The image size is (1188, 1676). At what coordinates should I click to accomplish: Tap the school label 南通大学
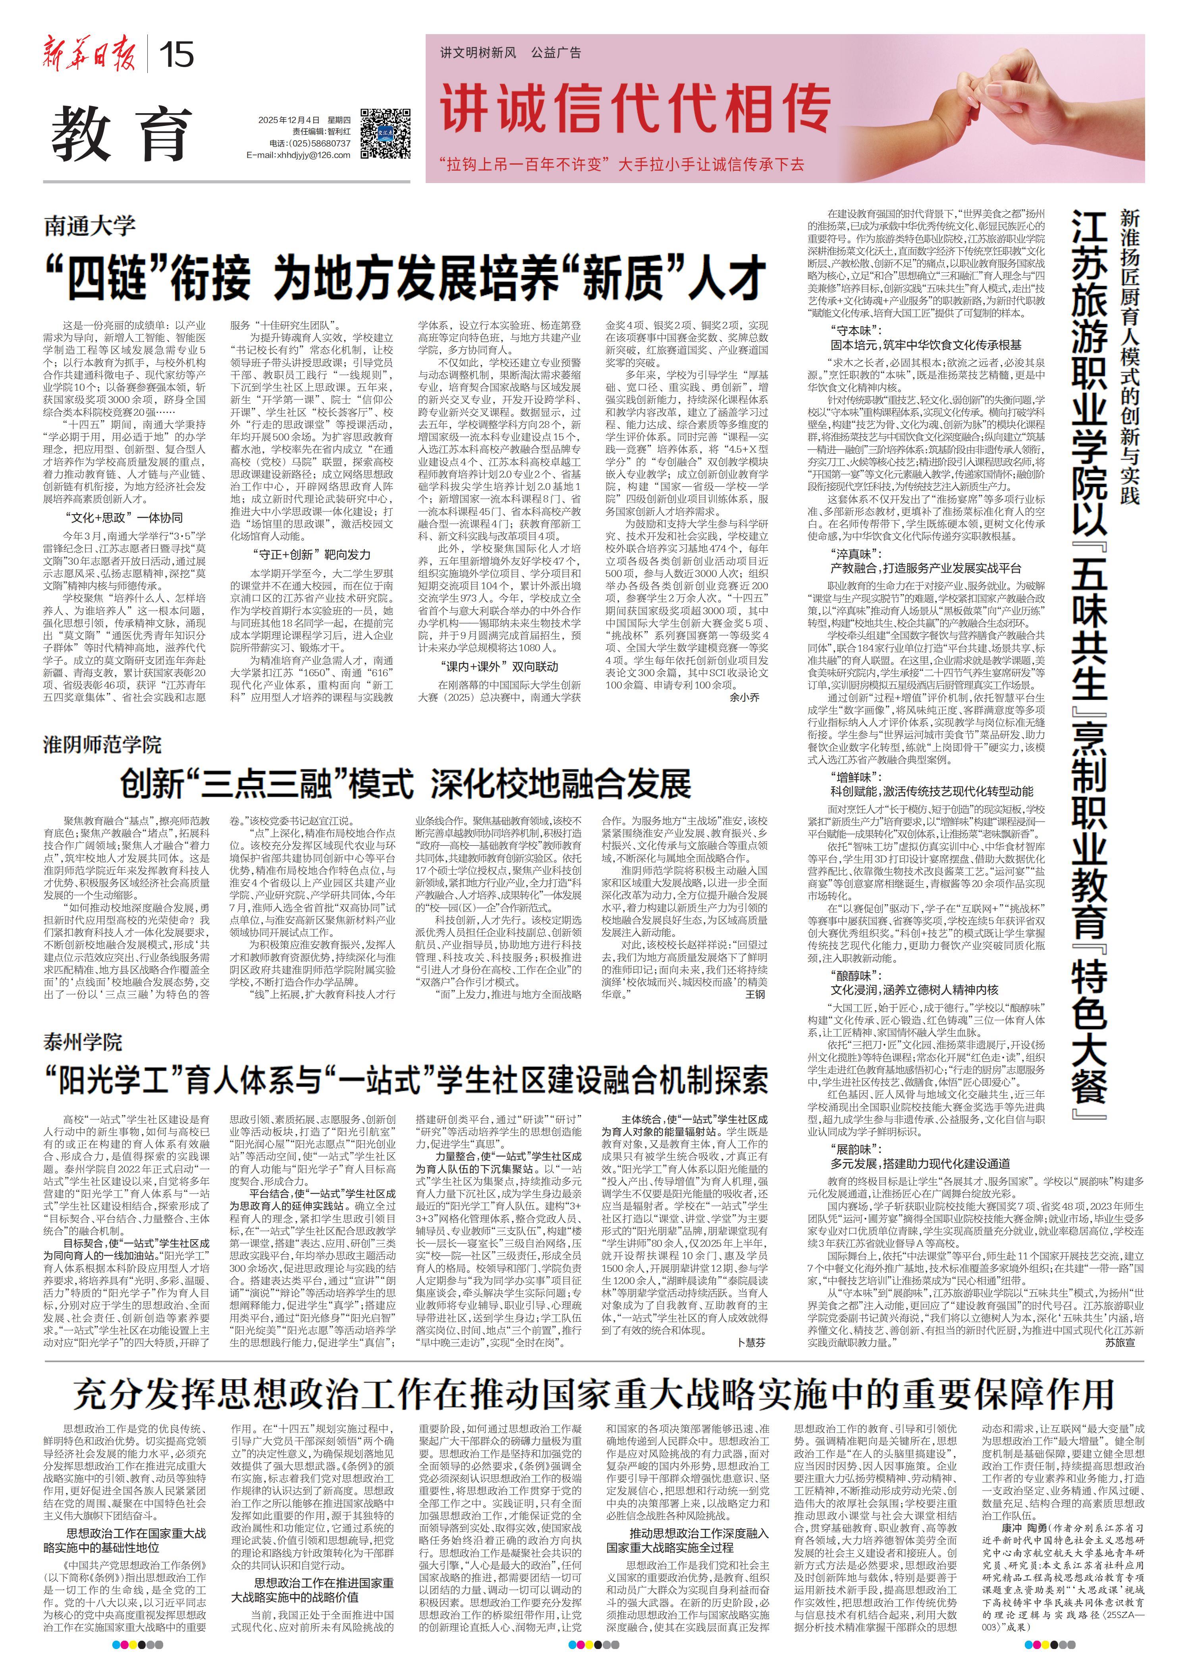(x=89, y=226)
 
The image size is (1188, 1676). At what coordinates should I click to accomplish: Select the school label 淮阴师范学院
(x=102, y=745)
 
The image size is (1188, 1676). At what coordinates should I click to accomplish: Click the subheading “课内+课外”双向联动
(x=499, y=666)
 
